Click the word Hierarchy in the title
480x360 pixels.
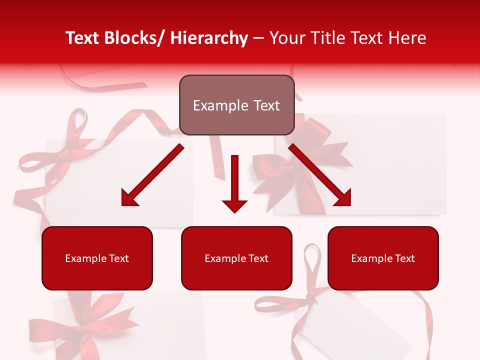[x=209, y=38]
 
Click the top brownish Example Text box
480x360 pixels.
[x=236, y=105]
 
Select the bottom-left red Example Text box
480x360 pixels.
[x=97, y=258]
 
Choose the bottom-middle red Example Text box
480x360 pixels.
[x=236, y=258]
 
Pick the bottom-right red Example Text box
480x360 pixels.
[x=383, y=258]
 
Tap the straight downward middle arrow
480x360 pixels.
[x=234, y=180]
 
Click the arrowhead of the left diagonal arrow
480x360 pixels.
[x=129, y=198]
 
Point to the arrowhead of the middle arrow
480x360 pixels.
[x=234, y=205]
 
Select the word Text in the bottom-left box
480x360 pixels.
[x=118, y=258]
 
